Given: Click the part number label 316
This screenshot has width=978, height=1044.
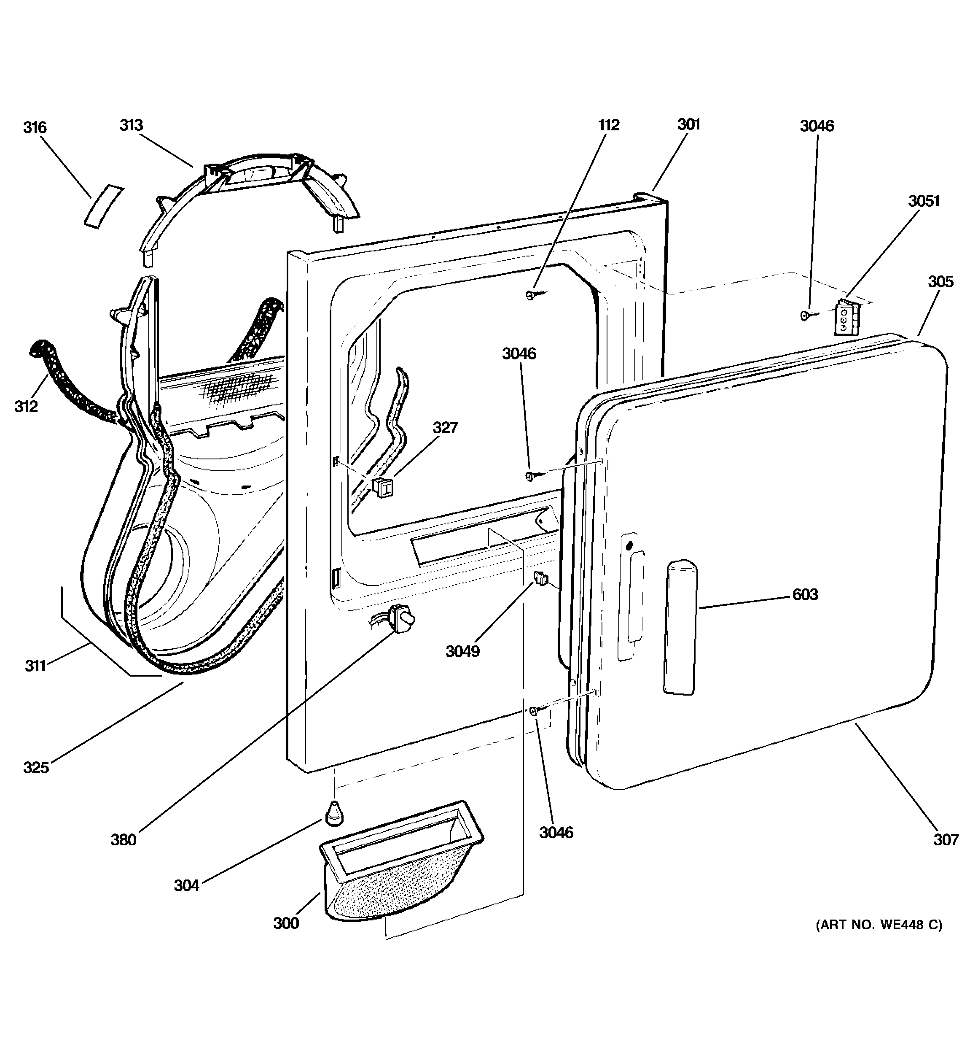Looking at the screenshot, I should (x=35, y=128).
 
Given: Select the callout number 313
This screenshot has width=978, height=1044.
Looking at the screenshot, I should (x=131, y=126).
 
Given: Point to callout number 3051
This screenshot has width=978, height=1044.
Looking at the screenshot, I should (x=924, y=201).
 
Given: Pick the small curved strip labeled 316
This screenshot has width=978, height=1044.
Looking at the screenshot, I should (x=104, y=206).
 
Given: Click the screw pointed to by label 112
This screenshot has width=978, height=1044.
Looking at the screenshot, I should (x=531, y=295).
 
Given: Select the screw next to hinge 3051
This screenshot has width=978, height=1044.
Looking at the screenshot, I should (x=806, y=315).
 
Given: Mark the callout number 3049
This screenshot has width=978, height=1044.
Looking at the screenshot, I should (x=462, y=652).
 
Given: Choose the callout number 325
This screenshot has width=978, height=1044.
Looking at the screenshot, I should (x=36, y=767).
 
